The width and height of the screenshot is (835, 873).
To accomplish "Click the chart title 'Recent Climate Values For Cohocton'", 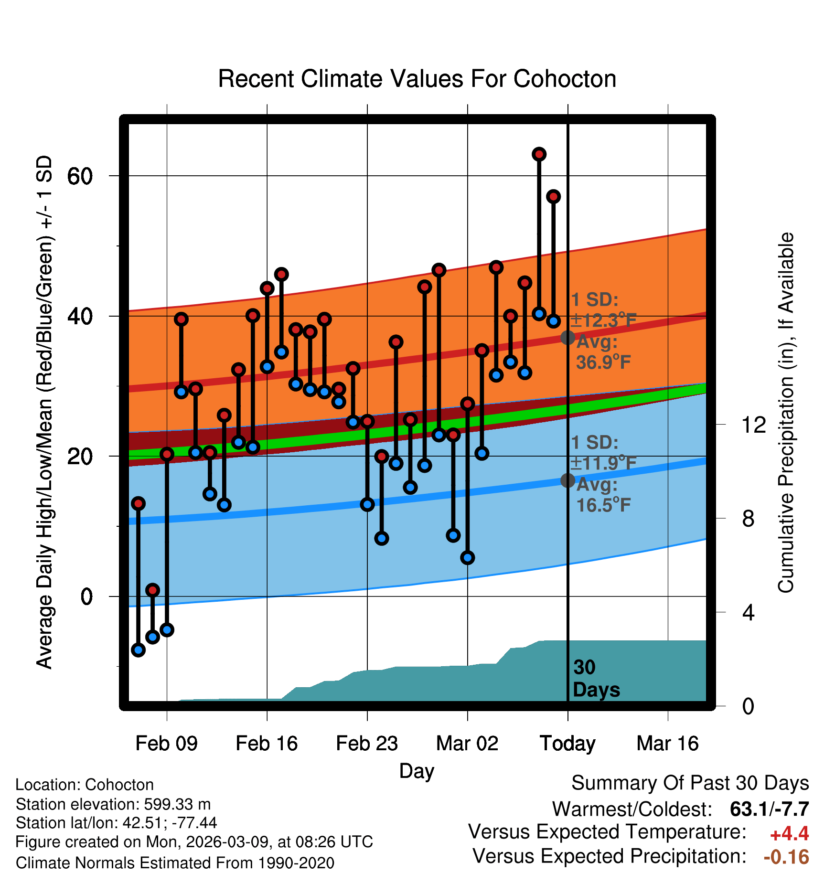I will (417, 79).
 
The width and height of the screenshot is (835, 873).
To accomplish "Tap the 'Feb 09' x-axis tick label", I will (166, 744).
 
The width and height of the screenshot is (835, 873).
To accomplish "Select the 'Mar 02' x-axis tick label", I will (467, 744).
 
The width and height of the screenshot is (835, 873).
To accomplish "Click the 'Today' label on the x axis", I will (567, 744).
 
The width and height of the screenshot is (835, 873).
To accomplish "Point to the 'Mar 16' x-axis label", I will (668, 744).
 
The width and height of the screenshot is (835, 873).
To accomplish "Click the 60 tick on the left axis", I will (80, 176).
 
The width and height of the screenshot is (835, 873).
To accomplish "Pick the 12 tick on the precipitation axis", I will (754, 425).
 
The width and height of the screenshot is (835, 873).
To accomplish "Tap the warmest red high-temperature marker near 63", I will (539, 154).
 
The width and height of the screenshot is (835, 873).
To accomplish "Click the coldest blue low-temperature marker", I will (139, 649).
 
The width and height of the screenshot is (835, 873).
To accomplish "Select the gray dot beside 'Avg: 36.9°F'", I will (567, 338).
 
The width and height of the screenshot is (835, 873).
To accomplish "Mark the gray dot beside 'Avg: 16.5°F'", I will (567, 480).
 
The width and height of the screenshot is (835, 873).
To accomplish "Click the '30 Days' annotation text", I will (596, 679).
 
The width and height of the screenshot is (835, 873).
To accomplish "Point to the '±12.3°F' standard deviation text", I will (604, 320).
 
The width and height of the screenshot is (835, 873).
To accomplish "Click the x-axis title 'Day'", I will (417, 771).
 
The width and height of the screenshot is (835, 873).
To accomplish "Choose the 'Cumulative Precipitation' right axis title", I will (786, 413).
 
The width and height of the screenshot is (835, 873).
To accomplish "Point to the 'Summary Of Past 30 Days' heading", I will (690, 784).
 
